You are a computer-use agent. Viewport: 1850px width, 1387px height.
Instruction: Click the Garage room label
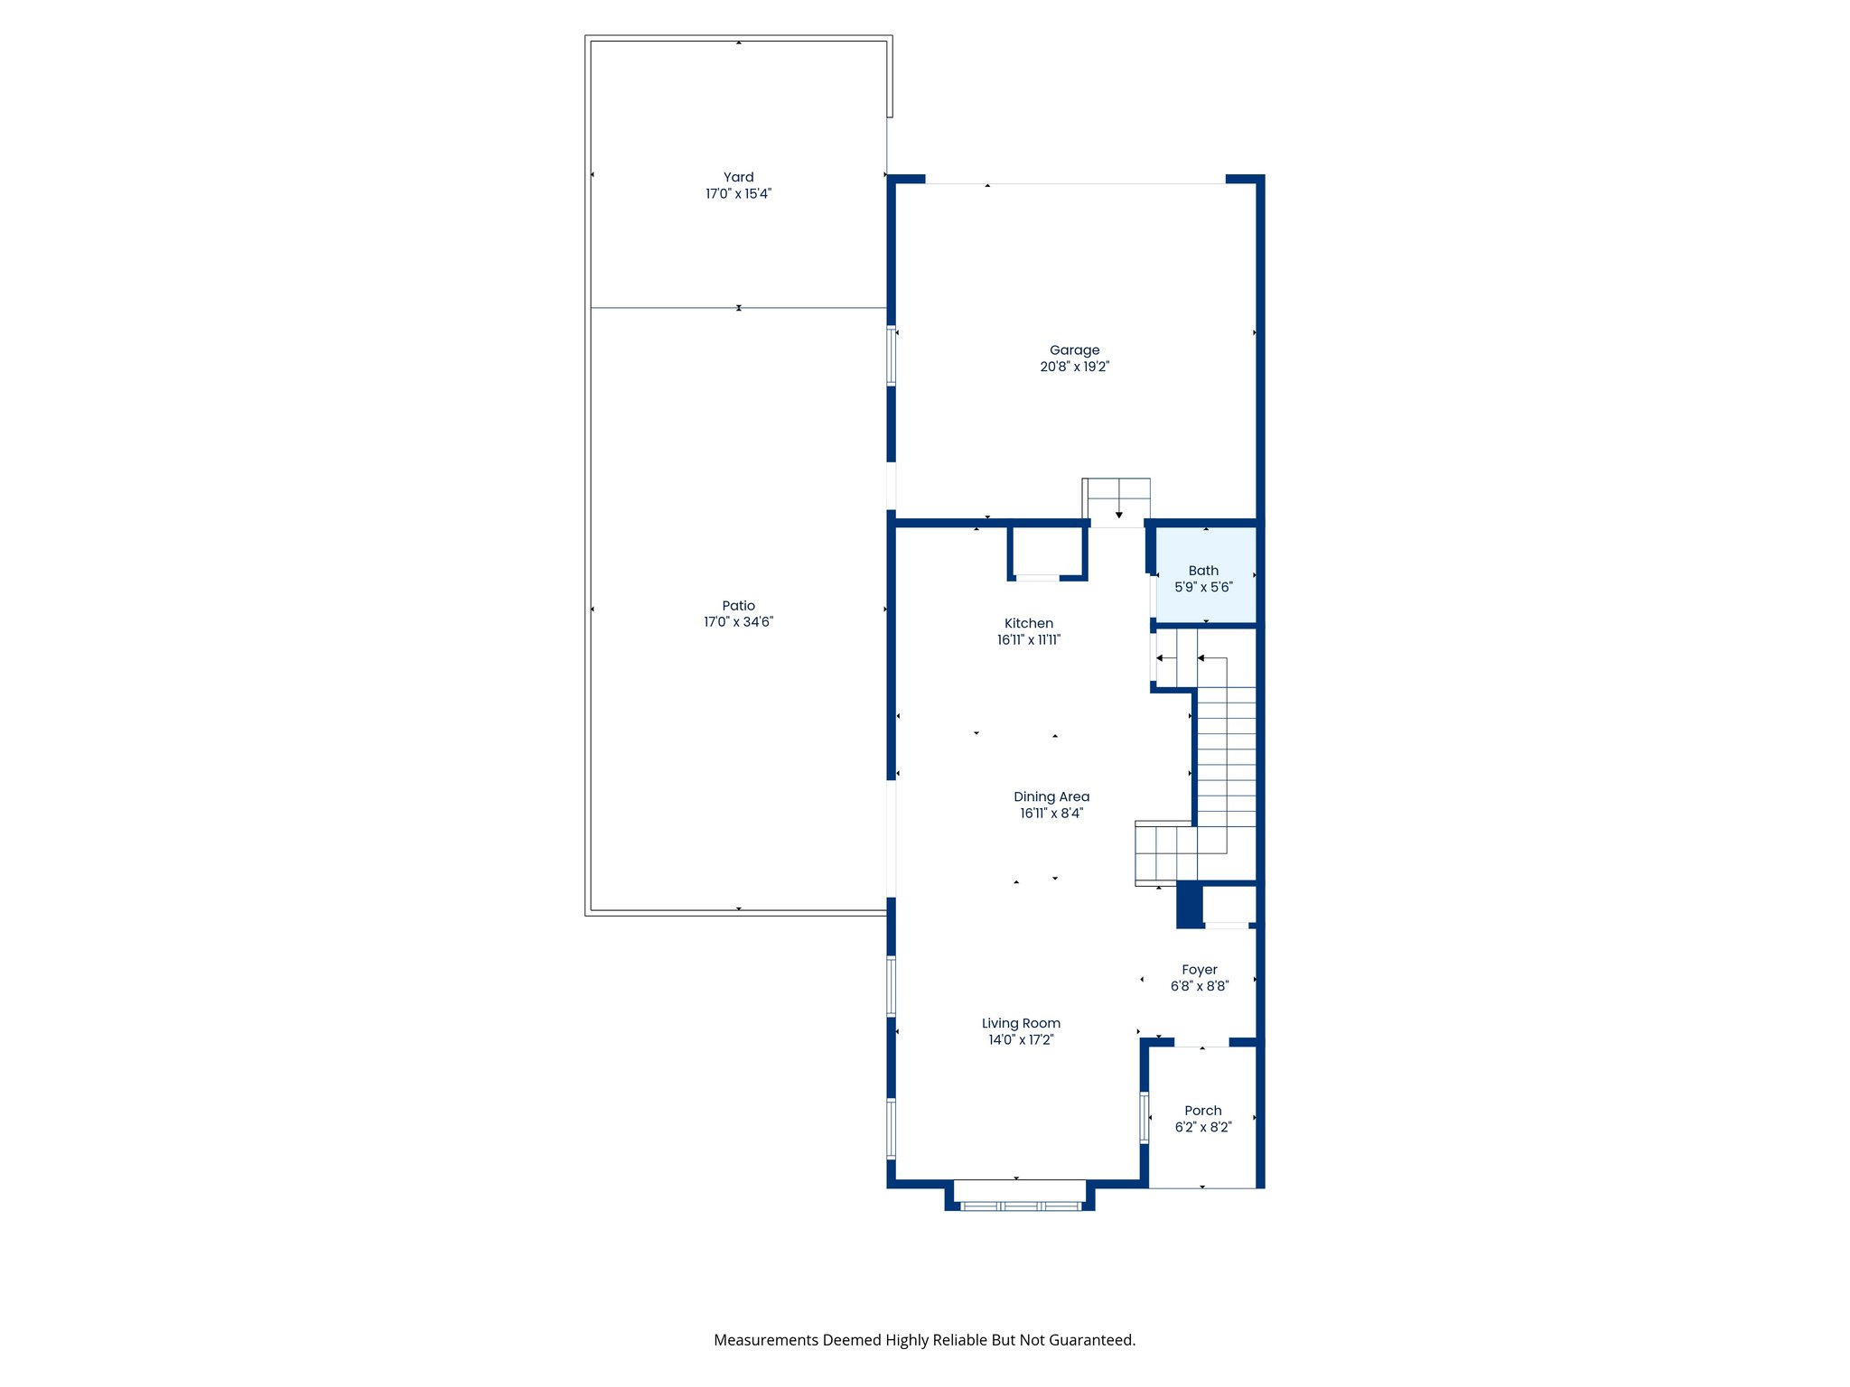pyautogui.click(x=1074, y=350)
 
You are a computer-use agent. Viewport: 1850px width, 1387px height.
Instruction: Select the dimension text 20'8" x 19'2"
pyautogui.click(x=1074, y=367)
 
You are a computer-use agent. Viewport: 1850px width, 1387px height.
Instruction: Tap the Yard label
pyautogui.click(x=738, y=178)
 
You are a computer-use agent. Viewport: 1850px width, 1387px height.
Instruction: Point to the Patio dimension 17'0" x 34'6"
pyautogui.click(x=738, y=622)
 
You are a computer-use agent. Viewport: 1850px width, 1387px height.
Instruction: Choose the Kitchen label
pyautogui.click(x=1029, y=624)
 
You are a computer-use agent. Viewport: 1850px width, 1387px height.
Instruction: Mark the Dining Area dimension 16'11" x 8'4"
pyautogui.click(x=1051, y=814)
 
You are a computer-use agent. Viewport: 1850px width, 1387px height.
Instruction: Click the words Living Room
pyautogui.click(x=1021, y=1024)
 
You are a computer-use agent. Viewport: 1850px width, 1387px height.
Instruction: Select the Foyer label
pyautogui.click(x=1200, y=971)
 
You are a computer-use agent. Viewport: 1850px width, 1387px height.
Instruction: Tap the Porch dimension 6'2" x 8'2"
pyautogui.click(x=1203, y=1128)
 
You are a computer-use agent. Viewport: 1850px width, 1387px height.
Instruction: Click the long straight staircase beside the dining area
pyautogui.click(x=1226, y=759)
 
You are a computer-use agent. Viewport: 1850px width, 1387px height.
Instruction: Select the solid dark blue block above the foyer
pyautogui.click(x=1190, y=906)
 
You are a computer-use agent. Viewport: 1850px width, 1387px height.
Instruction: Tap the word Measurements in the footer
pyautogui.click(x=766, y=1340)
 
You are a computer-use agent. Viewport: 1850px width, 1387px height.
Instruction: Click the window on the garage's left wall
pyautogui.click(x=891, y=357)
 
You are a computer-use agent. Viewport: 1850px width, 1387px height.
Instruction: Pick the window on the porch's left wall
pyautogui.click(x=1145, y=1118)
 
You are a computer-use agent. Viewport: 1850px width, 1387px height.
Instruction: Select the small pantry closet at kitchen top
pyautogui.click(x=1047, y=553)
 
